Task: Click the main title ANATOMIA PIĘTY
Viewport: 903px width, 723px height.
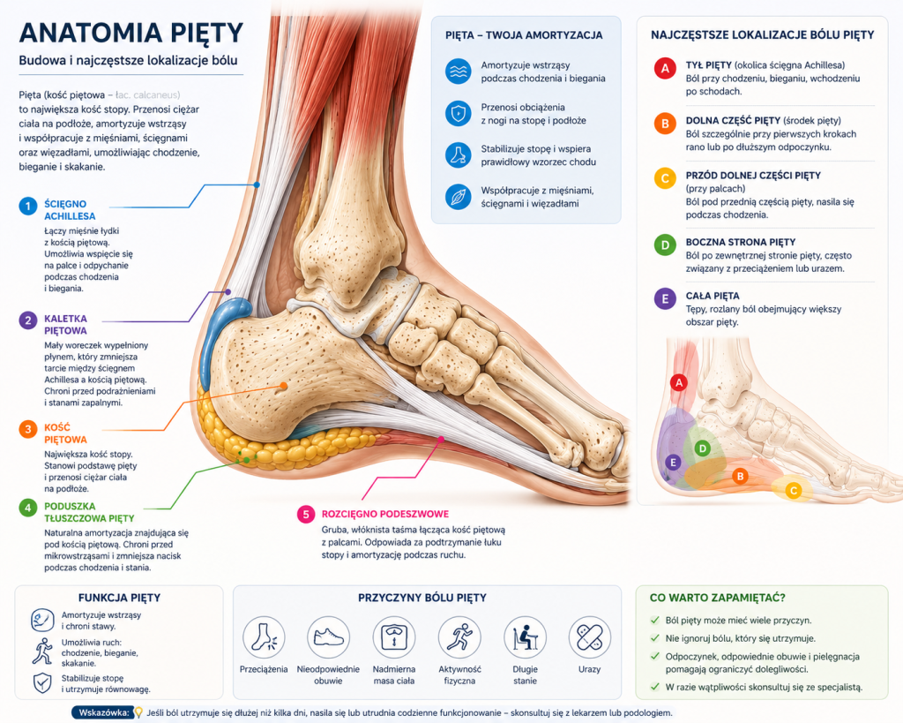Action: click(x=131, y=34)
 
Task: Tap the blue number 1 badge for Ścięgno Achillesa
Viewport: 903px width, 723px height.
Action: click(x=27, y=206)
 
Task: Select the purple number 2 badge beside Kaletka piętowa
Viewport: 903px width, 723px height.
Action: click(x=27, y=320)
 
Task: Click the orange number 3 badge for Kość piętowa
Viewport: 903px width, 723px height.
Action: click(x=27, y=429)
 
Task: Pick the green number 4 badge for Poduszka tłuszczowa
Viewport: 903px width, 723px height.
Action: click(x=27, y=508)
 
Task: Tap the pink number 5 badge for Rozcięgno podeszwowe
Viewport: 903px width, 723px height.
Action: click(x=306, y=515)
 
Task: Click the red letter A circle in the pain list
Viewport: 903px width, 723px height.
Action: click(x=665, y=69)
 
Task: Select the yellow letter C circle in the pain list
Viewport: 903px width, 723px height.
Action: click(x=665, y=178)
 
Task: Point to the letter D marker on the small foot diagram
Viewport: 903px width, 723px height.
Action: click(x=702, y=448)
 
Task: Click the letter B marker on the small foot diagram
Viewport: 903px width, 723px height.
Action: click(x=740, y=476)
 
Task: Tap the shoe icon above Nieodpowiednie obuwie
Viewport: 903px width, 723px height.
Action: click(x=328, y=637)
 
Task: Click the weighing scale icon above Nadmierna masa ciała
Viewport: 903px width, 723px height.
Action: click(x=394, y=637)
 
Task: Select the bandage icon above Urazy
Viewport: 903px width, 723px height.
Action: click(x=590, y=637)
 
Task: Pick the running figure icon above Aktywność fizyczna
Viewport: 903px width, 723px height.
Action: click(x=459, y=637)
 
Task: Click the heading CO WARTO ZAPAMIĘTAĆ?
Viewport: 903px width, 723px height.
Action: click(x=718, y=598)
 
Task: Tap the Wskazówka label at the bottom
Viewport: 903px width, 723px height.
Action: click(x=104, y=712)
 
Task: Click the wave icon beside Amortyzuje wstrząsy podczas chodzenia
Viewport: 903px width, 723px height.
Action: click(x=459, y=72)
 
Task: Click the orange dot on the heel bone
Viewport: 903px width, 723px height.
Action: click(x=284, y=386)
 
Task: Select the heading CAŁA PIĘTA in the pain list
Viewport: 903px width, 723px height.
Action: click(x=713, y=296)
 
